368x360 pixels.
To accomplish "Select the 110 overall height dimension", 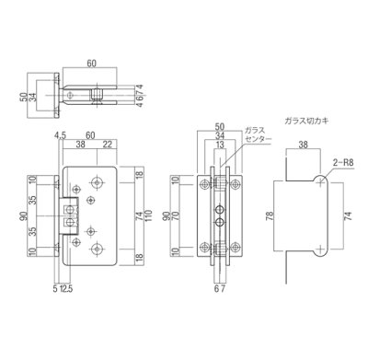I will point(147,216).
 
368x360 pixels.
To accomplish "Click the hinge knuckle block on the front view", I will point(68,217).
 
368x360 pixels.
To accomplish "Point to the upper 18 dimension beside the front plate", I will point(135,176).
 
